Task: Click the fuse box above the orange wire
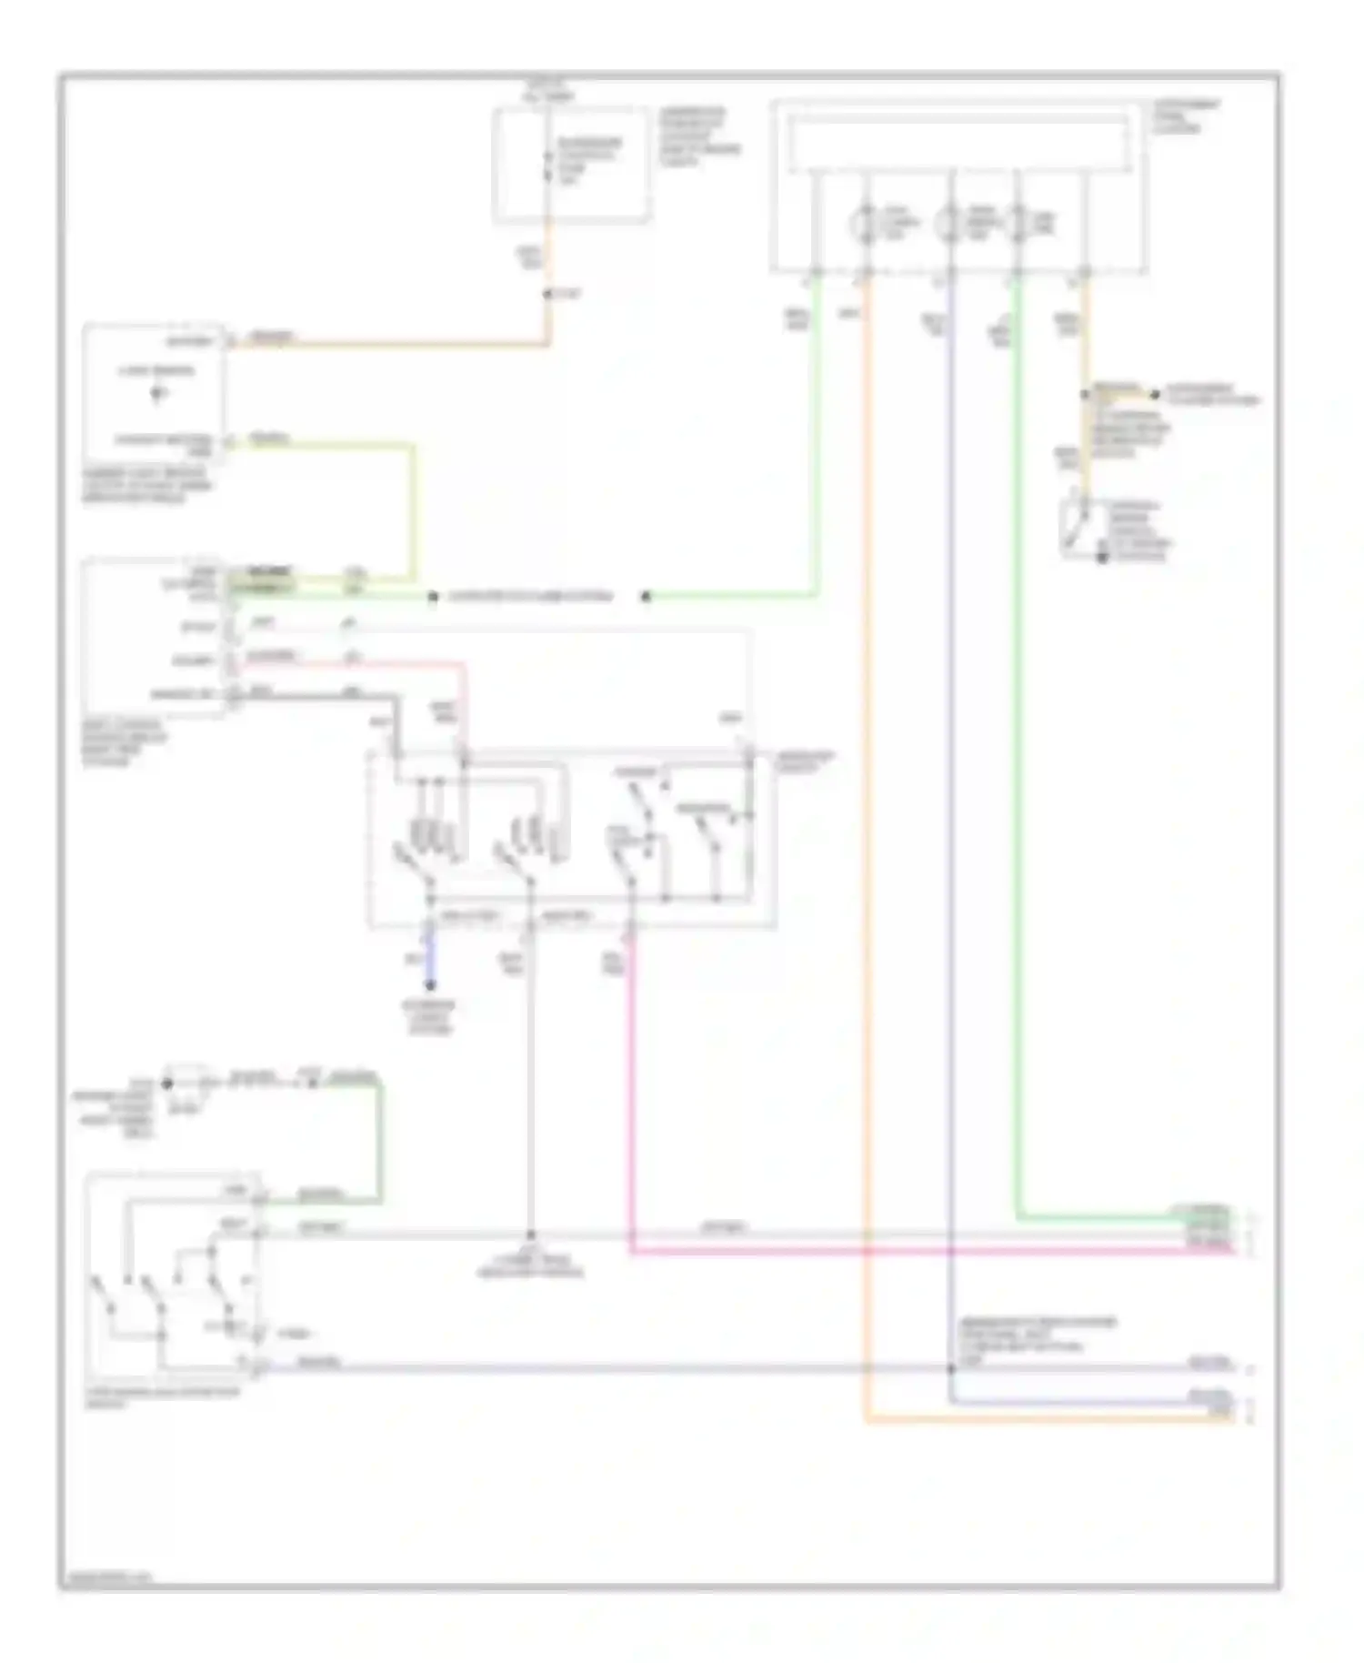click(x=571, y=165)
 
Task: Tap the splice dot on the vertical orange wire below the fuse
click(x=548, y=294)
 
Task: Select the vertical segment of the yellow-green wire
click(x=414, y=509)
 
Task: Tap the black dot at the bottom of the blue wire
click(x=431, y=985)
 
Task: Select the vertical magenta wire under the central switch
click(x=631, y=1092)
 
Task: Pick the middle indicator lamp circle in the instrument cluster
click(x=948, y=223)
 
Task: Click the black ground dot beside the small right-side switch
click(x=1102, y=557)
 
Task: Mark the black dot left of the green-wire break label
click(x=433, y=598)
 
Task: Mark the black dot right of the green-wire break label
click(x=646, y=598)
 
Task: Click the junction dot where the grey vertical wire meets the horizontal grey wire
click(x=530, y=1235)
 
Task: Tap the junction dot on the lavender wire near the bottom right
click(x=952, y=1367)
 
